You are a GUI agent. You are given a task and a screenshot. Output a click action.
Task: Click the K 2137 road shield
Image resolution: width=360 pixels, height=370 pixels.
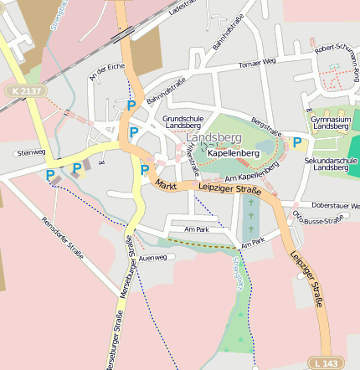pyautogui.click(x=26, y=90)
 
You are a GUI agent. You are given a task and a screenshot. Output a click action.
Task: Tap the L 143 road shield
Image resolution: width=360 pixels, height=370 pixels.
pyautogui.click(x=330, y=362)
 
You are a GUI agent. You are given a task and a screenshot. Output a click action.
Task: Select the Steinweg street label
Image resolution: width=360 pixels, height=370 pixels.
pyautogui.click(x=30, y=152)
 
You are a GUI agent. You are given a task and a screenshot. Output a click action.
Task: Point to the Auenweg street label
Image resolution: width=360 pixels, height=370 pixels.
pyautogui.click(x=153, y=258)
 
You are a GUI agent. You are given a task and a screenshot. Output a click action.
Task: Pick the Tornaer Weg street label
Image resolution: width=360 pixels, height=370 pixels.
pyautogui.click(x=257, y=63)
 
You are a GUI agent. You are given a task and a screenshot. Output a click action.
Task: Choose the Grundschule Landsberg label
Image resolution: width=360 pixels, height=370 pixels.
pyautogui.click(x=189, y=123)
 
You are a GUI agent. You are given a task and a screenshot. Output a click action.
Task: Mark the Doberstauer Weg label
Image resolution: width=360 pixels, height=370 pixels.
pyautogui.click(x=335, y=205)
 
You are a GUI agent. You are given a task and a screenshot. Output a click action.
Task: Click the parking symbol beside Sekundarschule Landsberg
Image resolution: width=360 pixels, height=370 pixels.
pyautogui.click(x=296, y=143)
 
